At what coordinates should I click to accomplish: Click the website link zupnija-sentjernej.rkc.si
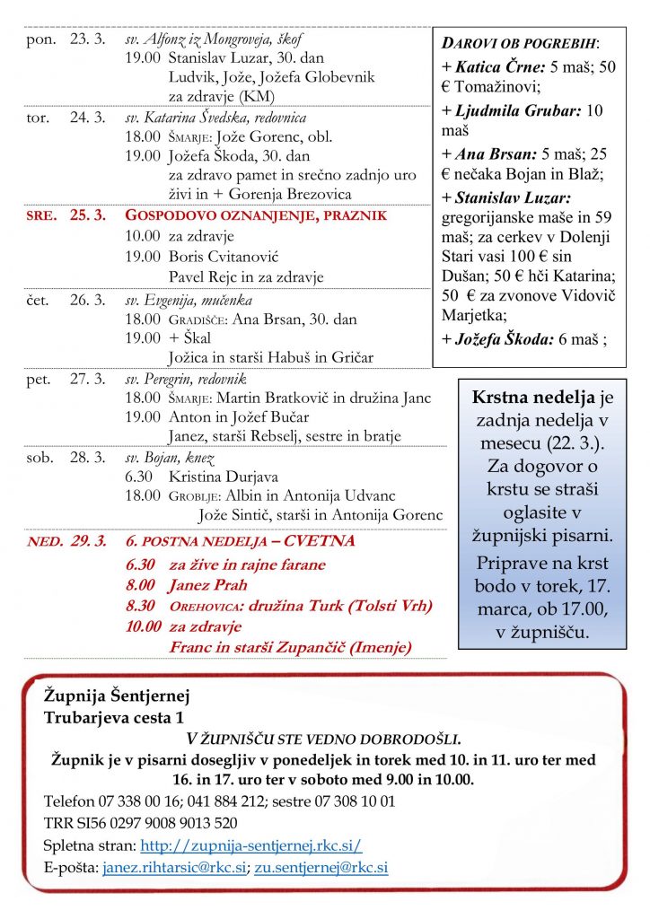click(251, 845)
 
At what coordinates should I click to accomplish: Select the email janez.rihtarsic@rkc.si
click(175, 868)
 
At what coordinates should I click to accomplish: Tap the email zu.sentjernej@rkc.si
click(321, 868)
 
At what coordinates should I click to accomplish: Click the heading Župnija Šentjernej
click(117, 696)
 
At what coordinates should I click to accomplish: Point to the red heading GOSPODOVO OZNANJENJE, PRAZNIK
click(256, 215)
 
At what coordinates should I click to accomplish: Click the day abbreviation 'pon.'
click(42, 39)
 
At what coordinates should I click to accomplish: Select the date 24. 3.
click(87, 118)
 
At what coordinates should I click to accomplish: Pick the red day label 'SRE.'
click(43, 216)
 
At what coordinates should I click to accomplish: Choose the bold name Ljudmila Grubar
click(519, 111)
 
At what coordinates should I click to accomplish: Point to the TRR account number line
click(141, 823)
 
